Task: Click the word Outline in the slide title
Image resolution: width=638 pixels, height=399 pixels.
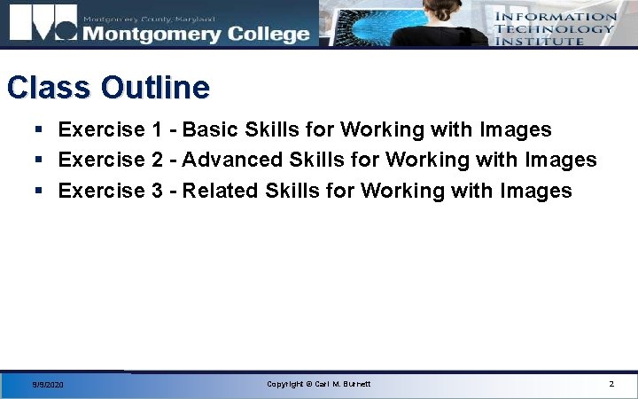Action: coord(155,88)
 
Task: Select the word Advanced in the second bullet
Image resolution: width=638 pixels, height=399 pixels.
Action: coord(233,160)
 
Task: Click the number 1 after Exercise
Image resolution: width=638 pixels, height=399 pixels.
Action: coord(156,130)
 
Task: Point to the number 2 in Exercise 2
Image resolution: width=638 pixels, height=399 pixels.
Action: coord(156,160)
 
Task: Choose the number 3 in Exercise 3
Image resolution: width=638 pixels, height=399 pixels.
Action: coord(156,191)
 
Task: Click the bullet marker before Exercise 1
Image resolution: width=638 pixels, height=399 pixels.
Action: coord(39,130)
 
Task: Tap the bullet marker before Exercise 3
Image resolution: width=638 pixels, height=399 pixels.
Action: coord(39,191)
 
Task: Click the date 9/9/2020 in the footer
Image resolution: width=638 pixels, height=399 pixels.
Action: coord(48,385)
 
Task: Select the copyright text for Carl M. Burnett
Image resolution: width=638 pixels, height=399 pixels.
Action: coord(319,384)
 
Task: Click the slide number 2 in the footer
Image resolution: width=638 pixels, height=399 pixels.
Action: coord(611,384)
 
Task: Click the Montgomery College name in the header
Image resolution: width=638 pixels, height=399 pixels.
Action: coord(196,34)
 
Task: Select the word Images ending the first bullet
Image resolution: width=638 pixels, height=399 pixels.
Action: coord(516,130)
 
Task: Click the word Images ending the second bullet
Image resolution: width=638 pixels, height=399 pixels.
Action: coord(561,160)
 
